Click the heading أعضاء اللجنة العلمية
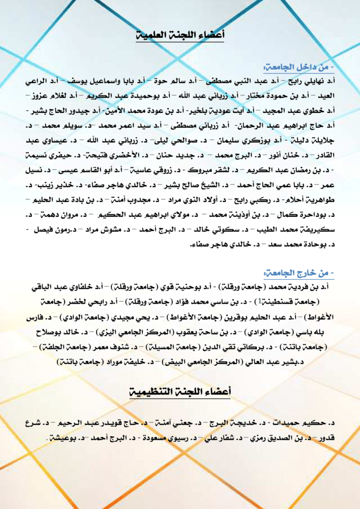180,35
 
